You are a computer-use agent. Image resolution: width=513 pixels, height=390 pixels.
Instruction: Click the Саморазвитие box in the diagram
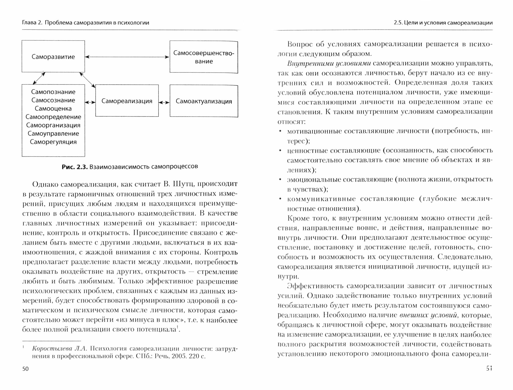[53, 56]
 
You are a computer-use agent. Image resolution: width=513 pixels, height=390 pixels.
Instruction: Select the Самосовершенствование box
[204, 57]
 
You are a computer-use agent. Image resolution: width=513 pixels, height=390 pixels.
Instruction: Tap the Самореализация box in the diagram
[127, 101]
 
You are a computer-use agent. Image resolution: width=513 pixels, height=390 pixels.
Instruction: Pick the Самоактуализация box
[204, 101]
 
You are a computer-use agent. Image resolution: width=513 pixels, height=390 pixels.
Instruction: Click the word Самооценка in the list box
[53, 109]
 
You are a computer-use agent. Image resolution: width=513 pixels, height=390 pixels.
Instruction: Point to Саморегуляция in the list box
[53, 142]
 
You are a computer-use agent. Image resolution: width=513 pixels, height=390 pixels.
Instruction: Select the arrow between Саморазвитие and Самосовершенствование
[127, 57]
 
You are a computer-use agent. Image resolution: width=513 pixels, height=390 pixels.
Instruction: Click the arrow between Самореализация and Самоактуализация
[164, 102]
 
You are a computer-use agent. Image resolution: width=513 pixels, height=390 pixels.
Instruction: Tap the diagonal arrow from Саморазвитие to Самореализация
[87, 80]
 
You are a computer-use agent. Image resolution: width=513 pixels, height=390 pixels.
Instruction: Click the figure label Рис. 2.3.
[75, 167]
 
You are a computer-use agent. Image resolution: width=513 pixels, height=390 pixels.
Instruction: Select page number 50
[26, 369]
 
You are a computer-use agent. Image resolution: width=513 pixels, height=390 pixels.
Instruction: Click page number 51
[489, 368]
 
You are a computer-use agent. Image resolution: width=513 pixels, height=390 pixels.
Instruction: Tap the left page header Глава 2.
[32, 23]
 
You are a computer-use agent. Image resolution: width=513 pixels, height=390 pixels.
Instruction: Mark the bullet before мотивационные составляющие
[280, 131]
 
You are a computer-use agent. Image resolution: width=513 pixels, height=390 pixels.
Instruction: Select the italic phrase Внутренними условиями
[329, 64]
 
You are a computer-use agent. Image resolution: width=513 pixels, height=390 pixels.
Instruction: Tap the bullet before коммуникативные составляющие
[280, 199]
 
